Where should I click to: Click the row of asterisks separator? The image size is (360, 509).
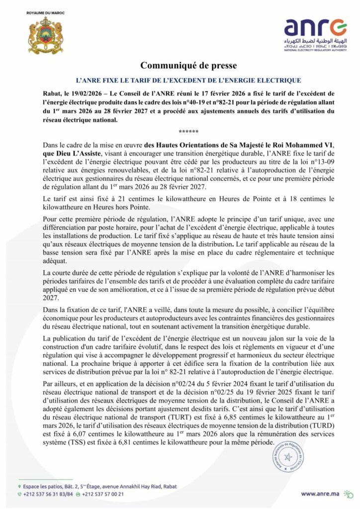pos(180,132)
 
